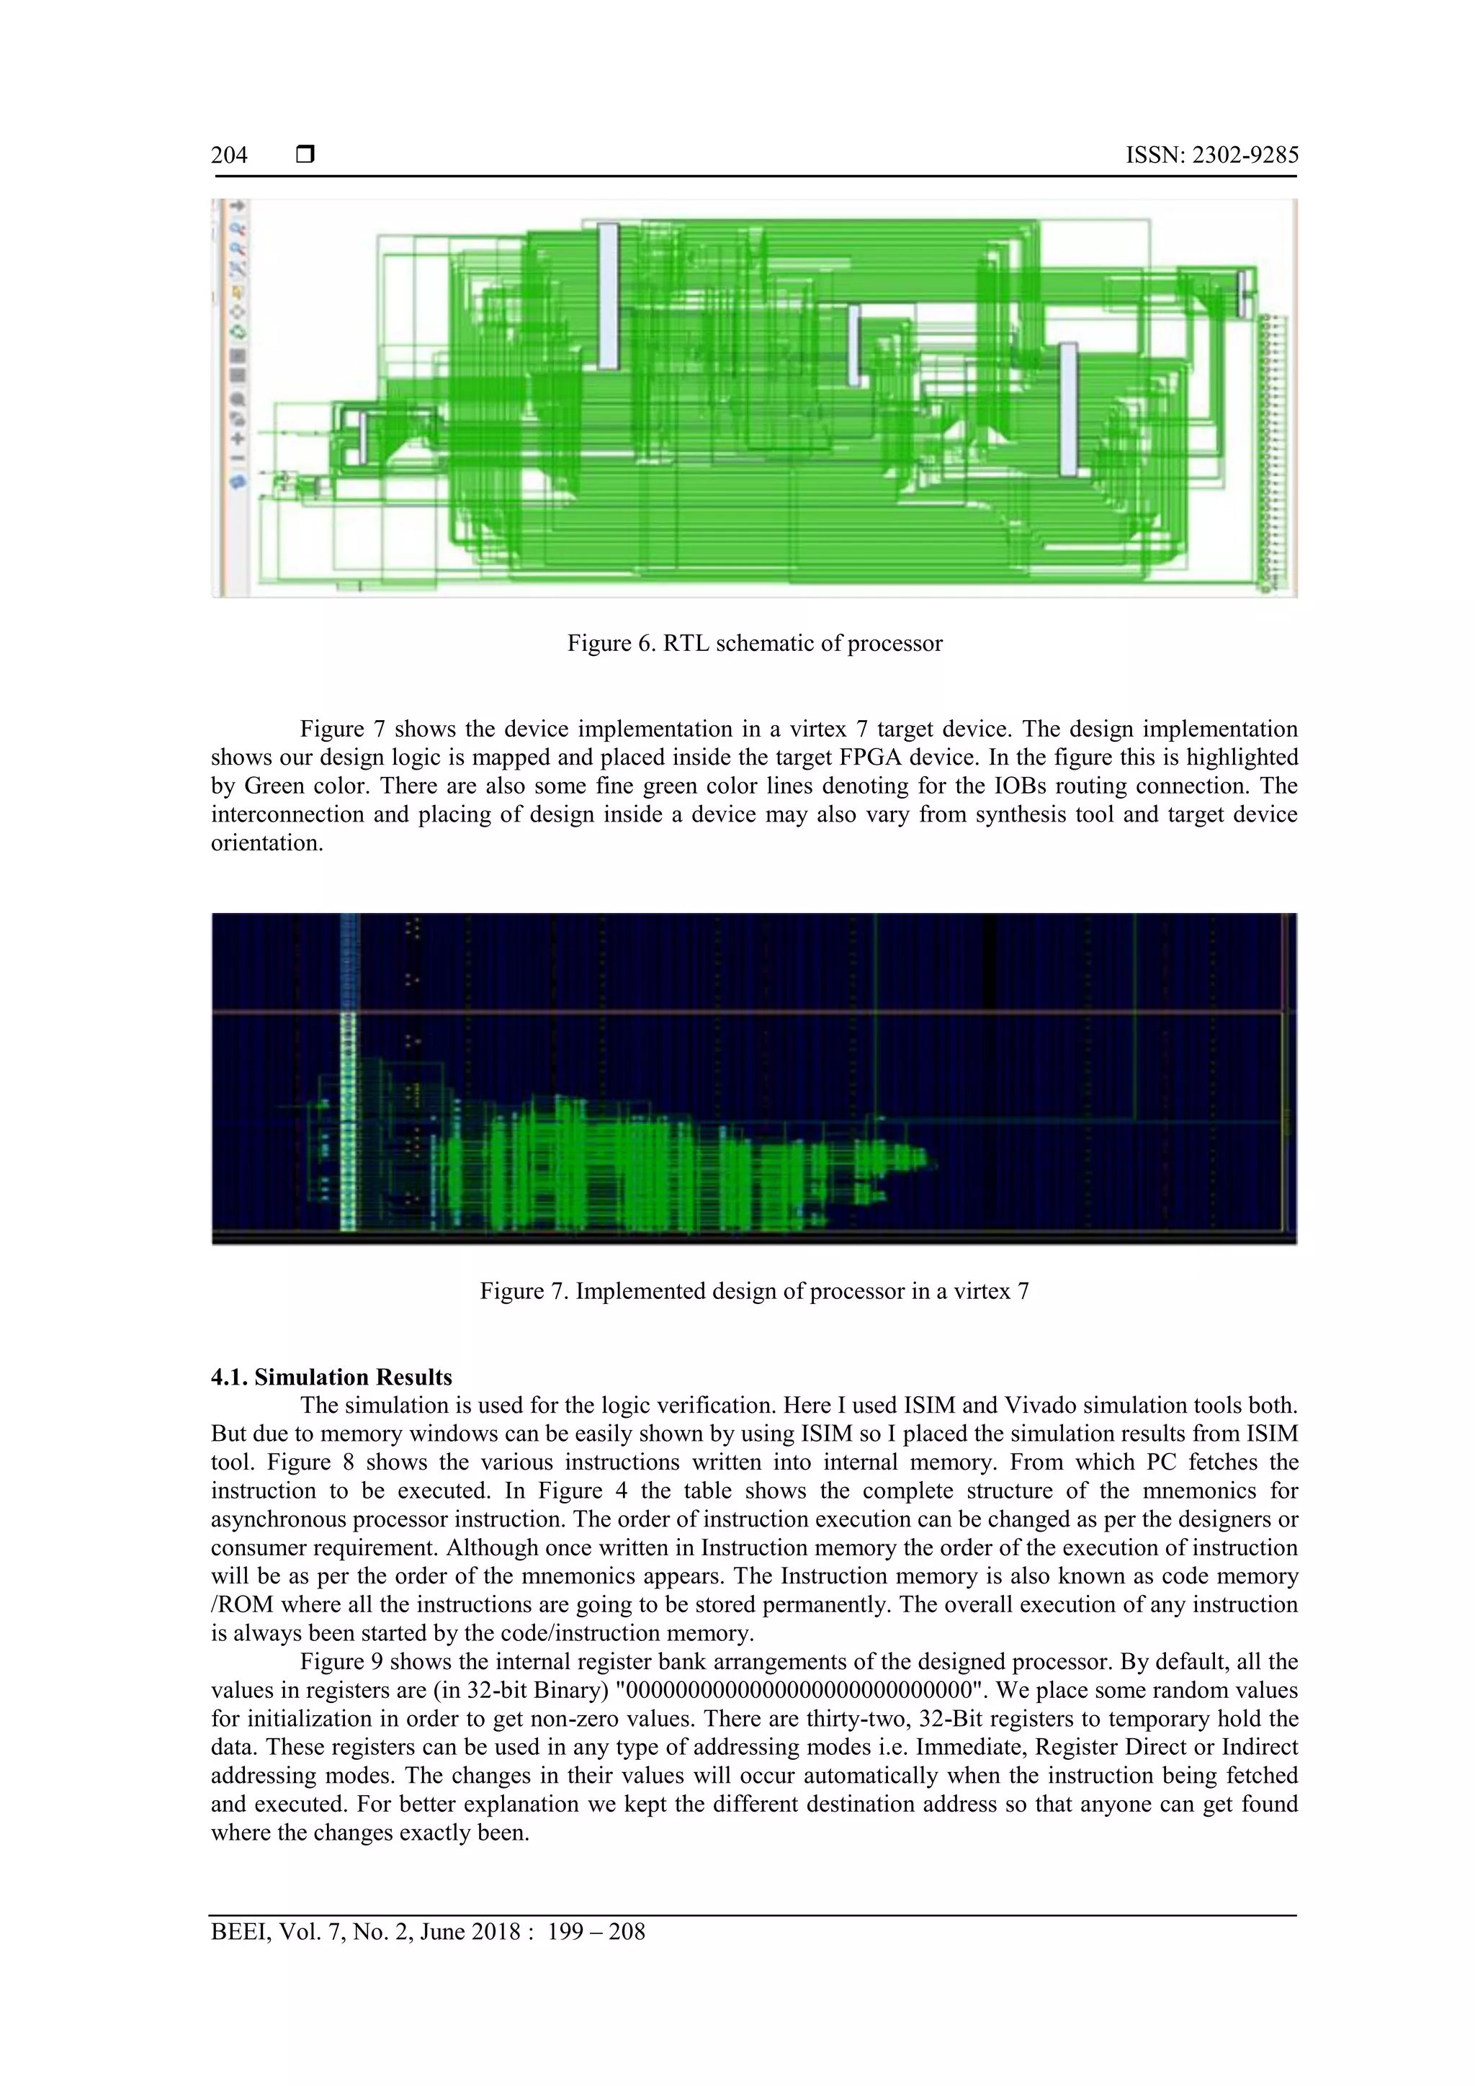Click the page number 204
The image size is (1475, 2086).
pos(229,156)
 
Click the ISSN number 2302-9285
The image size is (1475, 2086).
pos(1211,156)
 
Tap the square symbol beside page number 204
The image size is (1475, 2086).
pos(305,156)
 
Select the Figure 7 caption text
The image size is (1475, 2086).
pos(754,1291)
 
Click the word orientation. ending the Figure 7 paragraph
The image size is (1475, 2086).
pos(267,843)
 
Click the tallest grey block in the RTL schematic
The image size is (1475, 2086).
pos(607,296)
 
